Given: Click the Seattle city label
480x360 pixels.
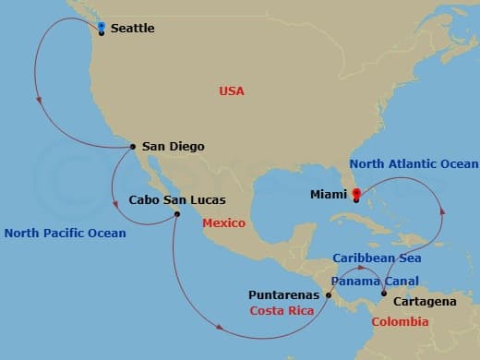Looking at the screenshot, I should point(132,29).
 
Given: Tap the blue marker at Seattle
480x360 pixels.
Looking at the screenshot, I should point(101,27).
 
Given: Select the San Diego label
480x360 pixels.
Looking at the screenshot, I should point(174,146).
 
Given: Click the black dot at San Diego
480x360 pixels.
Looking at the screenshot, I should point(133,146).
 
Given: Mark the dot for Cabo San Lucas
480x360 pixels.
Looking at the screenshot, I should point(176,215).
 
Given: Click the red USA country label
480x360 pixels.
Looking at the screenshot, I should point(231,90).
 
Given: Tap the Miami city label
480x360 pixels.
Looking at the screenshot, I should point(330,194).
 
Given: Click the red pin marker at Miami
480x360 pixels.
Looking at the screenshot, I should point(355,194).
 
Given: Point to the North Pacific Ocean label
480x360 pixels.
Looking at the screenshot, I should point(65,233).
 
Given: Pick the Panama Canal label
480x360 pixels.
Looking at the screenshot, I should point(375,280).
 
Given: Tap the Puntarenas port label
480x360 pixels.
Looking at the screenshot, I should point(284,295).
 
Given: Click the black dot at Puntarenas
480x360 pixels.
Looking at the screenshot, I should point(329,295).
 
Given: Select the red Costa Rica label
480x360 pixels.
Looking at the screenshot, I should point(282,311).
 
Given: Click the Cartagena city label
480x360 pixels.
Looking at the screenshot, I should point(424,302).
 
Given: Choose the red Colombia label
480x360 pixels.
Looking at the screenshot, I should point(400,322).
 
